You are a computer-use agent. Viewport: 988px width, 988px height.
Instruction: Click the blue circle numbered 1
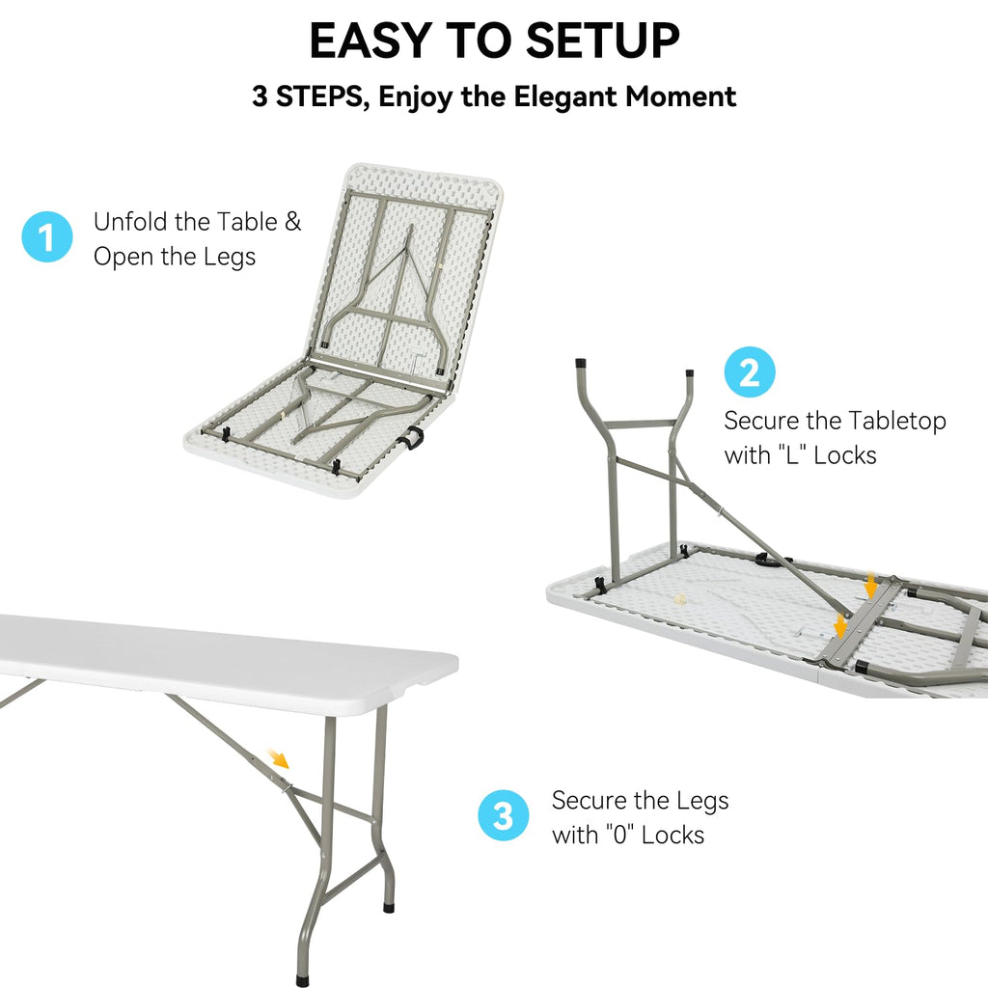pos(47,237)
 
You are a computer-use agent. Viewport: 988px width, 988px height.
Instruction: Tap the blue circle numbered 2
pos(750,372)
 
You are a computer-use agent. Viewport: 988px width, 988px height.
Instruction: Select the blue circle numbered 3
pos(504,816)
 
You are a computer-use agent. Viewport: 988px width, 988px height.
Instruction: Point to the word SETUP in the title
pos(603,41)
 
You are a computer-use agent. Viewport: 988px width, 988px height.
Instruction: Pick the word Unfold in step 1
pos(131,222)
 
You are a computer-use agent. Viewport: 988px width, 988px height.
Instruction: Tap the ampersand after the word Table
pos(292,222)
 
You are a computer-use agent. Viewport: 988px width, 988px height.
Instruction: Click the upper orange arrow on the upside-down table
pos(871,585)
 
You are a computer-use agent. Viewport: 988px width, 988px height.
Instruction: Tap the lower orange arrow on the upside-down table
pos(840,626)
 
